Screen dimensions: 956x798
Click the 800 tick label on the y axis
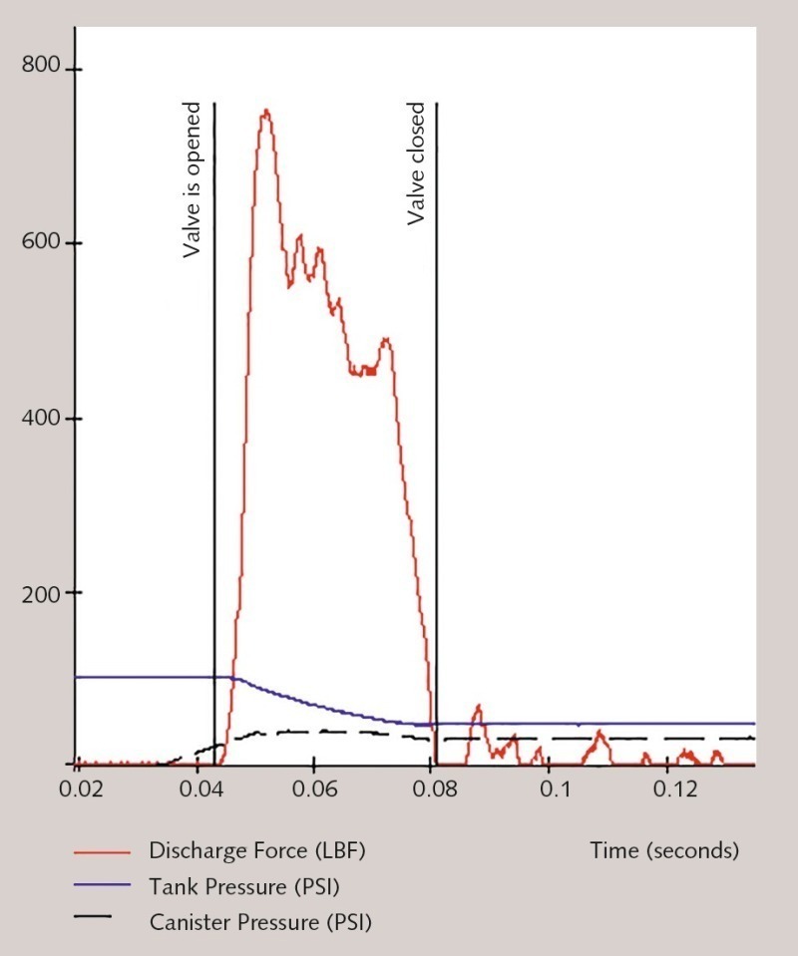pos(41,67)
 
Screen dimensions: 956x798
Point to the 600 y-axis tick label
pos(41,242)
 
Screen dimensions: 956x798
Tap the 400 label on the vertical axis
pos(41,418)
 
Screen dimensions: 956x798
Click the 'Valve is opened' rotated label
pos(193,180)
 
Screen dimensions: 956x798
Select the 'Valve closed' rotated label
pos(416,163)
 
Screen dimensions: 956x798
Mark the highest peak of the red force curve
pos(265,111)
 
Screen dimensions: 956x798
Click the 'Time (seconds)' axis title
pos(664,851)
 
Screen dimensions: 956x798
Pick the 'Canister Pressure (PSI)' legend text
pos(260,923)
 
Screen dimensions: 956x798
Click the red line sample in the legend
pos(103,853)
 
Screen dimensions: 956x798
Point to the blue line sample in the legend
pos(103,885)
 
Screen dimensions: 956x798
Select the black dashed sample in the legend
pos(103,918)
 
